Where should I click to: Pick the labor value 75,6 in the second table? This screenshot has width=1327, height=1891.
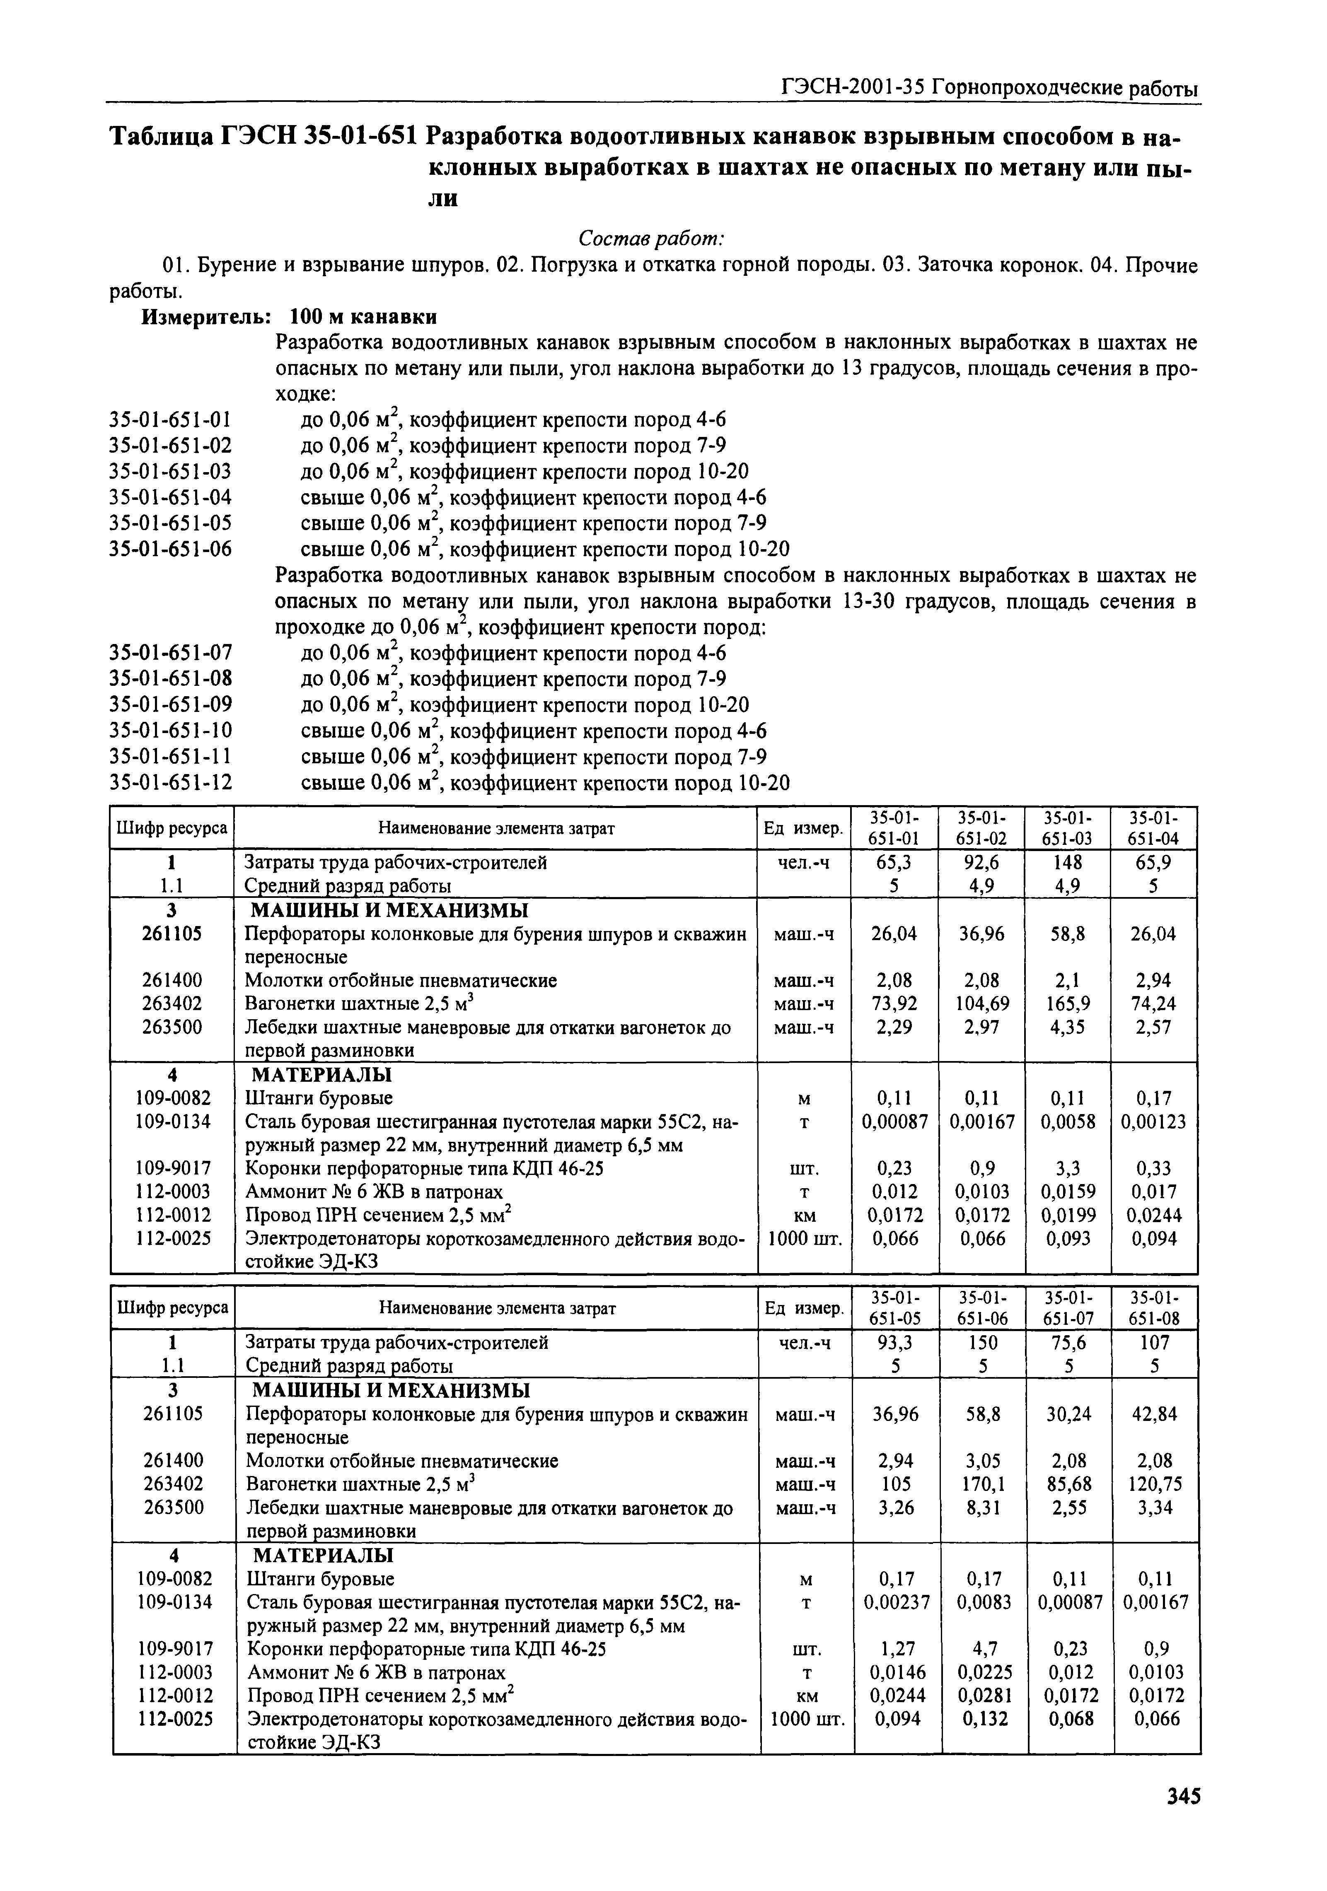tap(1070, 1343)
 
